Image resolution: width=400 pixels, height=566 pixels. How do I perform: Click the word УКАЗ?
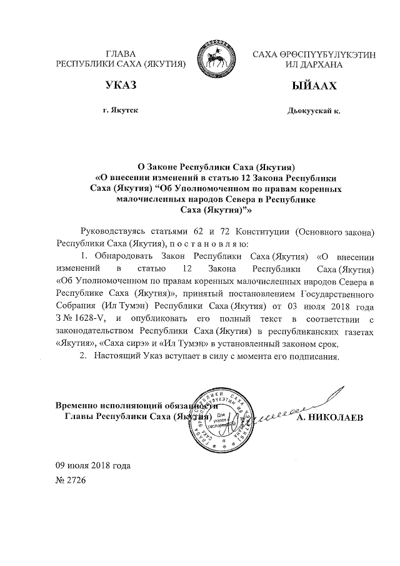122,86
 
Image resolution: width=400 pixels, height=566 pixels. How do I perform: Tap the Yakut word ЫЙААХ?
304,86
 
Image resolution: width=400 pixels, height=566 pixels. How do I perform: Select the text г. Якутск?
121,111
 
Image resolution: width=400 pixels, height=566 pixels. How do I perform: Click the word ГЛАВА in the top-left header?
122,55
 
